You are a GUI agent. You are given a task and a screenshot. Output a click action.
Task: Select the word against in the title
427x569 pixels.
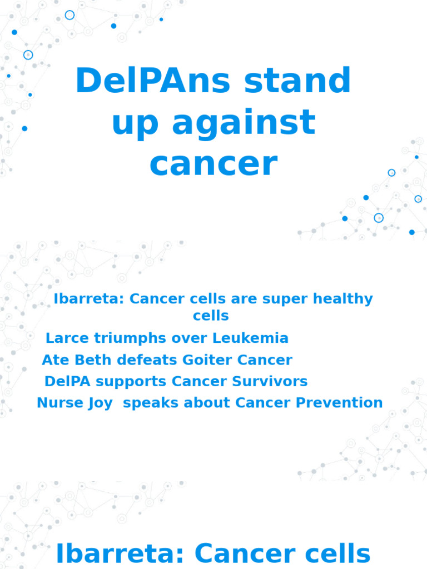click(244, 123)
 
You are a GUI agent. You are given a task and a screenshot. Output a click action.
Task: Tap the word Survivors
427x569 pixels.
click(272, 382)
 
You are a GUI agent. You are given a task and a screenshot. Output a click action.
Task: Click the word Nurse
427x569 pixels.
click(57, 403)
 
